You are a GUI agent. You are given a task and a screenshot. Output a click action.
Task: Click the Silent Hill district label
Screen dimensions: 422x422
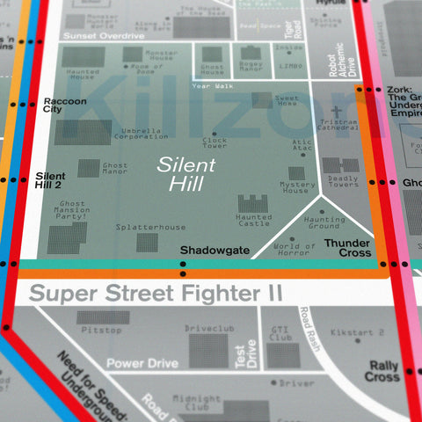tap(180, 173)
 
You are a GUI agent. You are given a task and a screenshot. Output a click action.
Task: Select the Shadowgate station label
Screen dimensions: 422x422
tap(215, 251)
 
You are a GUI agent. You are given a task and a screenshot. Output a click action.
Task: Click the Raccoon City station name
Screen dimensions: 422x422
tap(64, 106)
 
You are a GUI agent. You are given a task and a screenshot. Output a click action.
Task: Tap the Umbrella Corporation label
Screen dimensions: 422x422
tap(141, 134)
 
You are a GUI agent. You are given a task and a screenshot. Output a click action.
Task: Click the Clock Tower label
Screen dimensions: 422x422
tap(215, 142)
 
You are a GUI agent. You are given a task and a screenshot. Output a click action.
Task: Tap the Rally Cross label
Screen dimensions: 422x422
tap(382, 371)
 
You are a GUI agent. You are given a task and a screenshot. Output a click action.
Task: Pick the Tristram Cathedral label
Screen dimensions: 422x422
tap(338, 126)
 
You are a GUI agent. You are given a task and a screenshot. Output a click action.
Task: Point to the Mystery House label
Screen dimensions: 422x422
tap(298, 187)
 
